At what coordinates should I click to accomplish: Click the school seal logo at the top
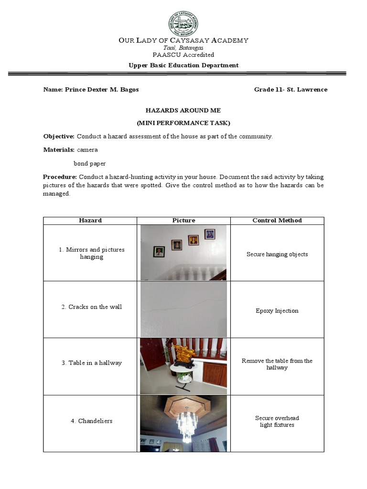[183, 23]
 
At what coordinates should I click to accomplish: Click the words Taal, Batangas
[183, 48]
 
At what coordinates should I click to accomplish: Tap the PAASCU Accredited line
[183, 55]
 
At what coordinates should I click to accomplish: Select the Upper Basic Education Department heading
[183, 65]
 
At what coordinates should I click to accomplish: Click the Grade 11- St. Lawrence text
[291, 90]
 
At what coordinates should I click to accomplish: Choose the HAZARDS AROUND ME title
[183, 110]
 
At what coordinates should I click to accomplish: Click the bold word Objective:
[59, 137]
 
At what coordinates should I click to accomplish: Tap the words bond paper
[90, 163]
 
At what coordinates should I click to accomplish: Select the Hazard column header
[90, 221]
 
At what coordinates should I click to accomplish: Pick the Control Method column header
[277, 221]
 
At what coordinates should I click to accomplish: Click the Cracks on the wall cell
[91, 307]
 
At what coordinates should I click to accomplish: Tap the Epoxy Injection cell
[277, 311]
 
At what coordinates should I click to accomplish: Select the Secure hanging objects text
[277, 255]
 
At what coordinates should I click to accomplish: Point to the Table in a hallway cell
[91, 363]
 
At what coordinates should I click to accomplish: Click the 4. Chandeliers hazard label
[91, 421]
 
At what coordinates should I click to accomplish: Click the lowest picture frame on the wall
[159, 251]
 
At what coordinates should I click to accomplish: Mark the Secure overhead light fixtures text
[277, 422]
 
